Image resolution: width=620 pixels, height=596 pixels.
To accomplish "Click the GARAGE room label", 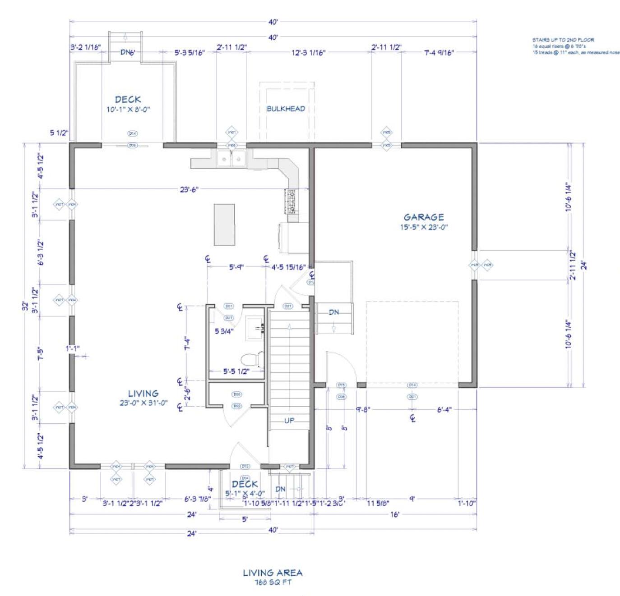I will [423, 217].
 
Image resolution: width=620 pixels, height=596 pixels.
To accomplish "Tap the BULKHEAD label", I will [286, 109].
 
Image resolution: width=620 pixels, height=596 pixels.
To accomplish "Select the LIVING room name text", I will [143, 393].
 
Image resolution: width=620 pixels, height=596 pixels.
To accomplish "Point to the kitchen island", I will [224, 225].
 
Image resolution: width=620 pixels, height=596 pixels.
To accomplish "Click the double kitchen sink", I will [231, 158].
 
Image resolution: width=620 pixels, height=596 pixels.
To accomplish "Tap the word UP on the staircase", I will [289, 421].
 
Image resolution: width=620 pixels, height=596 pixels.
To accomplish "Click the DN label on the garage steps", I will [334, 312].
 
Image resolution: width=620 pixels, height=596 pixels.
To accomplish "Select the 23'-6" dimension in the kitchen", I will [189, 190].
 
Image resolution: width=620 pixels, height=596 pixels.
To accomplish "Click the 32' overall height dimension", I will [26, 306].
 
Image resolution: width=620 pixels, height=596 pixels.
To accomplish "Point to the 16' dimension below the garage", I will [395, 514].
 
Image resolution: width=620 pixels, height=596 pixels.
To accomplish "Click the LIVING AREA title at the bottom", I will [273, 573].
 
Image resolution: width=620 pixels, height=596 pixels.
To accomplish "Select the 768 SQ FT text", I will [273, 582].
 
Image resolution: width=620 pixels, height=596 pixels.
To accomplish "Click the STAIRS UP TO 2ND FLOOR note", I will [563, 40].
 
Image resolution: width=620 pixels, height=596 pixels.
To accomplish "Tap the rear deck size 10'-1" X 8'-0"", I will [128, 110].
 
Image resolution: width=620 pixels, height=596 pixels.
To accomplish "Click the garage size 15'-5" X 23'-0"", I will [423, 227].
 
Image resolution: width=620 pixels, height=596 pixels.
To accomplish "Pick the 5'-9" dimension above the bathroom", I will [236, 267].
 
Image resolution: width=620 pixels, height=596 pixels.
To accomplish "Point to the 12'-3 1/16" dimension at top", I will [309, 53].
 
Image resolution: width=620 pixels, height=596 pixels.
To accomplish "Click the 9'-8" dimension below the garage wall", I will [362, 409].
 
